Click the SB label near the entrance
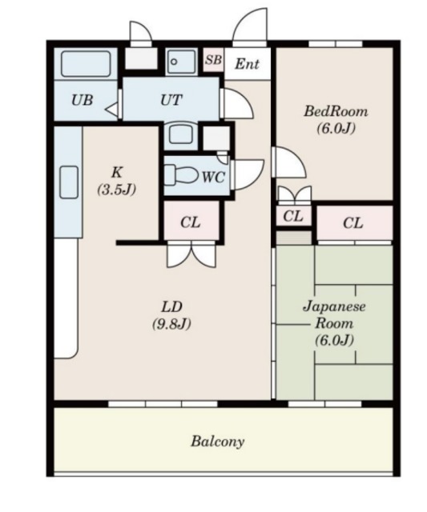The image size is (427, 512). click(x=213, y=60)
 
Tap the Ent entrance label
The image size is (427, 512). click(x=248, y=64)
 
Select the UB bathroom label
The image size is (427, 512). click(x=82, y=99)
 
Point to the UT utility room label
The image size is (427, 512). click(x=171, y=99)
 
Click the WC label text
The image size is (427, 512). click(x=213, y=177)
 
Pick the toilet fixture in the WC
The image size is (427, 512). click(x=181, y=174)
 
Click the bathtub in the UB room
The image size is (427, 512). click(x=86, y=64)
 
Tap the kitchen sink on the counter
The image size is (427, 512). click(x=69, y=182)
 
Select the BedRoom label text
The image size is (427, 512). click(x=336, y=111)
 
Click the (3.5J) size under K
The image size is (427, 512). click(x=116, y=189)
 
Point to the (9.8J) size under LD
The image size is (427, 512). click(x=171, y=324)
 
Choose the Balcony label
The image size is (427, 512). click(x=217, y=442)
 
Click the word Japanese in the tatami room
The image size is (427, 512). click(x=334, y=306)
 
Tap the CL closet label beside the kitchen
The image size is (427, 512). click(x=191, y=222)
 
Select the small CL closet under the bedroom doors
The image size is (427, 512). click(x=293, y=216)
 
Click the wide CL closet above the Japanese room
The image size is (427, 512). click(x=353, y=223)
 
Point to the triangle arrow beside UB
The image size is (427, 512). click(x=111, y=109)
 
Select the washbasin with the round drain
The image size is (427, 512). click(x=181, y=62)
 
